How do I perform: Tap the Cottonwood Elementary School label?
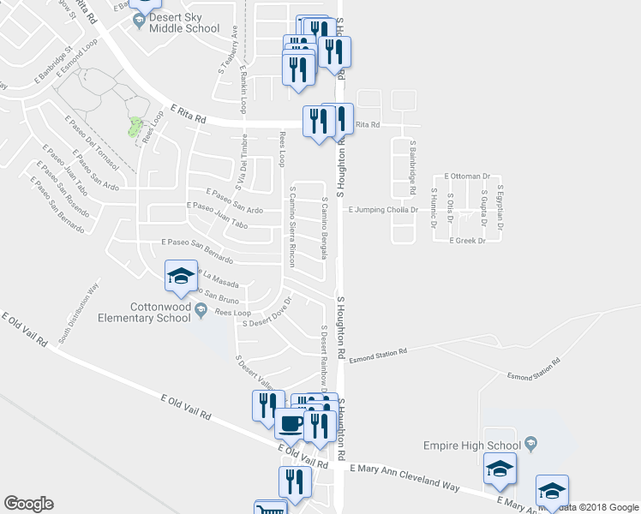148,312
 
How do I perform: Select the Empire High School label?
471,445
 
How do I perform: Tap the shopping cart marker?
271,509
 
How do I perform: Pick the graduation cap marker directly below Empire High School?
500,469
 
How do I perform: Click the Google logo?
28,504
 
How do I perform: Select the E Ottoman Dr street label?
466,176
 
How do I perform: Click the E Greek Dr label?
467,241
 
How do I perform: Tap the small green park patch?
134,128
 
